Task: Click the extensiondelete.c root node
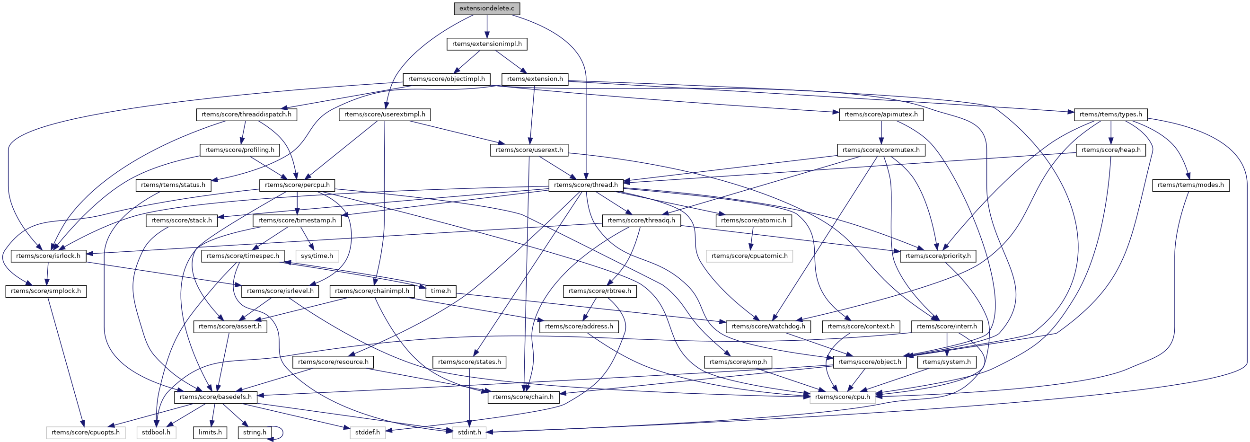coord(487,8)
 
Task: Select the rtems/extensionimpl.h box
coord(487,44)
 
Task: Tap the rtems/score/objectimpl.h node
coord(447,79)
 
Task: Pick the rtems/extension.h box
coord(535,79)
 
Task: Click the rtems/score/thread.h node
coord(586,185)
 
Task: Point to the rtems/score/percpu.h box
coord(297,185)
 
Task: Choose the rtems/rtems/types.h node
coord(1111,115)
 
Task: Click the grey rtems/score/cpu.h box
coord(842,397)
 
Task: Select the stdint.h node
coord(469,432)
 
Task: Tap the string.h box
coord(254,432)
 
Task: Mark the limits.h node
coord(210,432)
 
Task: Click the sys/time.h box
coord(317,256)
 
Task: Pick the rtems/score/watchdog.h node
coord(768,327)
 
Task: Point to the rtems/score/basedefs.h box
coord(215,397)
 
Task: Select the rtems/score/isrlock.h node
coord(48,256)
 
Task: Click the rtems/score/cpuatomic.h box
coord(749,256)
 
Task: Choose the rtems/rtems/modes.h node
coord(1190,185)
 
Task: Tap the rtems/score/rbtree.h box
coord(600,291)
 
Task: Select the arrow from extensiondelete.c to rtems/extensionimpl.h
coord(487,26)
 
